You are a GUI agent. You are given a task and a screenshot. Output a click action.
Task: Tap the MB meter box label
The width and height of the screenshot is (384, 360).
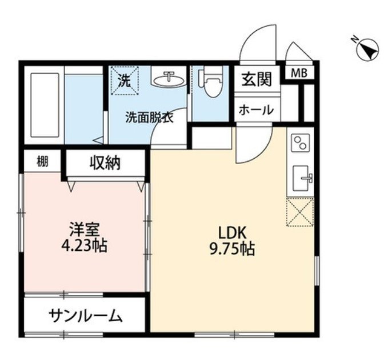click(x=298, y=73)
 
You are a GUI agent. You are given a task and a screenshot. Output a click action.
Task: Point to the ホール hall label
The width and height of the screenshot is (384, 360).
click(x=255, y=110)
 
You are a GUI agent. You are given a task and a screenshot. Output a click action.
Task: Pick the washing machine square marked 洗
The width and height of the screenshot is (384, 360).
click(x=125, y=79)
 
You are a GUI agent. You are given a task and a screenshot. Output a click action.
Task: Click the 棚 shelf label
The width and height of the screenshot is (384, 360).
click(x=42, y=162)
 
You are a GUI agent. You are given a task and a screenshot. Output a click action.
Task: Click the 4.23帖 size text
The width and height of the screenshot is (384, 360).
click(x=85, y=247)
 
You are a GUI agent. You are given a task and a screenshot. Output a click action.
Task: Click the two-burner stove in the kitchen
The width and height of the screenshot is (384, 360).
click(x=300, y=143)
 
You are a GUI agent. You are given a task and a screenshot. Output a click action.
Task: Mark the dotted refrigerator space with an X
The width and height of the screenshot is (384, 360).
click(x=301, y=211)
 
